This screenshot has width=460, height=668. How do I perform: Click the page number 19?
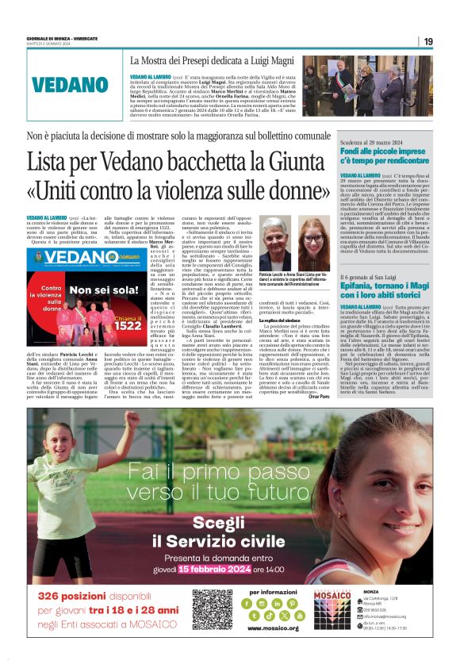tap(427, 41)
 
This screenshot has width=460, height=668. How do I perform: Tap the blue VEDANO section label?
tap(71, 85)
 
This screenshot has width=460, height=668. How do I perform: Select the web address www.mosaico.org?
tap(278, 628)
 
